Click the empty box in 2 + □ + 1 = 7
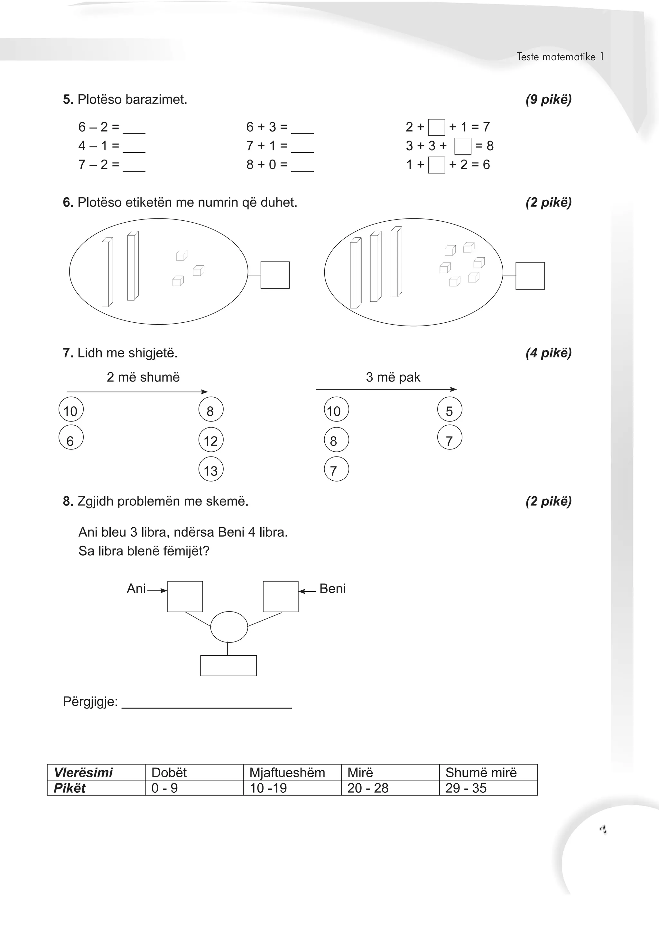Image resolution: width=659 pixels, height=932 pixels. click(x=437, y=127)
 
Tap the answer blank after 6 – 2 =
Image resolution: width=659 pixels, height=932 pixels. click(x=134, y=129)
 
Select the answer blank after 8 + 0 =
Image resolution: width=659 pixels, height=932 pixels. click(x=302, y=167)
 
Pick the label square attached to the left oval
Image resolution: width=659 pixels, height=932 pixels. click(x=275, y=275)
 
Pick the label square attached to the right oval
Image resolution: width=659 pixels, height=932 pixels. click(x=530, y=276)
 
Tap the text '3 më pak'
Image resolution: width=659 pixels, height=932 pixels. click(x=393, y=377)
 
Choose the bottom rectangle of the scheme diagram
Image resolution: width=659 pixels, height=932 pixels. click(x=228, y=666)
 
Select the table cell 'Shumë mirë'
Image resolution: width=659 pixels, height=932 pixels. click(x=488, y=772)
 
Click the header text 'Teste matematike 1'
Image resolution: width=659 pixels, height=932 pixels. click(x=560, y=57)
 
